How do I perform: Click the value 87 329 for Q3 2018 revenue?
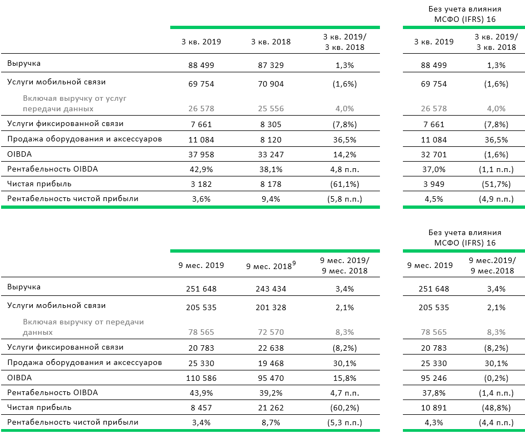[x=270, y=65]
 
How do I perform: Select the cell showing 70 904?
[x=270, y=84]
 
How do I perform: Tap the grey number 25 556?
[x=270, y=109]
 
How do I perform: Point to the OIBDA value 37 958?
[x=201, y=155]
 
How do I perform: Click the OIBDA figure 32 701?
[x=434, y=155]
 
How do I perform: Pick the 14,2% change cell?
[x=344, y=155]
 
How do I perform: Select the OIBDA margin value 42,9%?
[x=201, y=169]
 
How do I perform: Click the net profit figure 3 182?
[x=201, y=184]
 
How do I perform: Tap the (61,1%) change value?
[x=344, y=184]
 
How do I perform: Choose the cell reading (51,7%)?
[x=496, y=184]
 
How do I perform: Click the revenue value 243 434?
[x=270, y=289]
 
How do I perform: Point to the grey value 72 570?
[x=270, y=333]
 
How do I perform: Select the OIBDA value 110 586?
[x=201, y=378]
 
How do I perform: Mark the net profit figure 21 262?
[x=270, y=408]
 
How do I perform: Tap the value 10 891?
[x=434, y=408]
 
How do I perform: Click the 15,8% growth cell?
[x=344, y=378]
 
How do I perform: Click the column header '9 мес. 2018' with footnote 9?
[x=271, y=266]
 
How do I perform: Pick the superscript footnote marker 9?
[x=294, y=263]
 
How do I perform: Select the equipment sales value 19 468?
[x=270, y=364]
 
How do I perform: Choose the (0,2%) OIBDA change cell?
[x=496, y=378]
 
